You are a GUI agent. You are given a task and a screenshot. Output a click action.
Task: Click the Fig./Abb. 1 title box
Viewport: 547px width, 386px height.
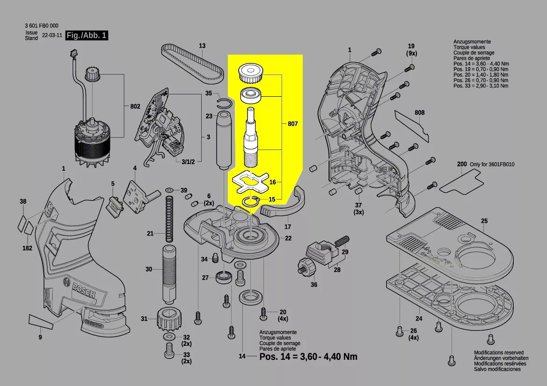click(x=87, y=36)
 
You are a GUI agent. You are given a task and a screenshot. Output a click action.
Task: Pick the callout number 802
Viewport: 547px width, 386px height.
click(x=135, y=107)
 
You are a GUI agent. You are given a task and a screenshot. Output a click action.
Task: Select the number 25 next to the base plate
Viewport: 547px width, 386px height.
click(x=484, y=221)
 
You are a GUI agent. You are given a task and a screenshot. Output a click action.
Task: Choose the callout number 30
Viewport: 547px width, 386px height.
click(x=149, y=269)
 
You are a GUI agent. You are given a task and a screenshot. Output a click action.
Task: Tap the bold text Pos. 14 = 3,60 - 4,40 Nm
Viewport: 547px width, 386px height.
click(x=308, y=357)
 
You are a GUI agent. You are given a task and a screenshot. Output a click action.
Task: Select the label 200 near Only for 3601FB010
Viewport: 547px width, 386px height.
click(x=462, y=164)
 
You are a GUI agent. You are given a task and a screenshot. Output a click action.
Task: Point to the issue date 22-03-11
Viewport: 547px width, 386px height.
click(x=51, y=36)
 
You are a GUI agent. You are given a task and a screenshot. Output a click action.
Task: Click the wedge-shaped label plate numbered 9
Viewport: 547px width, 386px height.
click(x=45, y=321)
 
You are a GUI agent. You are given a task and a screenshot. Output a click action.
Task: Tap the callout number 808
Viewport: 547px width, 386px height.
click(x=419, y=113)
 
